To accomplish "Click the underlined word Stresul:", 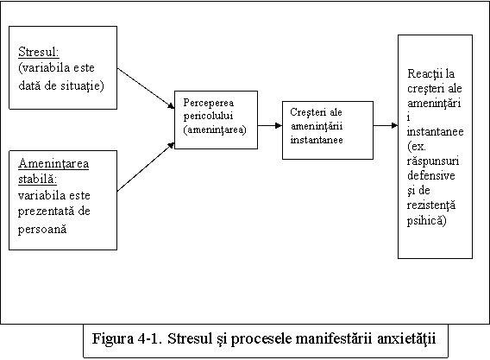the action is point(39,52).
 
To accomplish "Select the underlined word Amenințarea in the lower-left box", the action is point(53,163).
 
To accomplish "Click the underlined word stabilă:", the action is point(37,180).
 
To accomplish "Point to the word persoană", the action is point(42,230).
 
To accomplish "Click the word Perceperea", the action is point(209,103).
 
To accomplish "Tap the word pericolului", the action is point(208,116).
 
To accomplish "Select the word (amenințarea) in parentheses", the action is point(215,129).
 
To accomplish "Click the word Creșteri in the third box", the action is point(307,112).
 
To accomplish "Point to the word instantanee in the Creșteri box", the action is point(317,140).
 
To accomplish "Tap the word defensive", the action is point(431,175).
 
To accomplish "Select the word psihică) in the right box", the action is point(426,221).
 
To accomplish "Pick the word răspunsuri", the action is point(433,161).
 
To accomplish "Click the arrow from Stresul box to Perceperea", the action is point(146,89).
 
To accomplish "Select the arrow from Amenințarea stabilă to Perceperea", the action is point(146,167).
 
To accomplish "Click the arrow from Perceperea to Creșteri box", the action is point(270,125).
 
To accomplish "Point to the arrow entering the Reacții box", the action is point(386,125).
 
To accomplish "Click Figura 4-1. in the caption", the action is point(127,338).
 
